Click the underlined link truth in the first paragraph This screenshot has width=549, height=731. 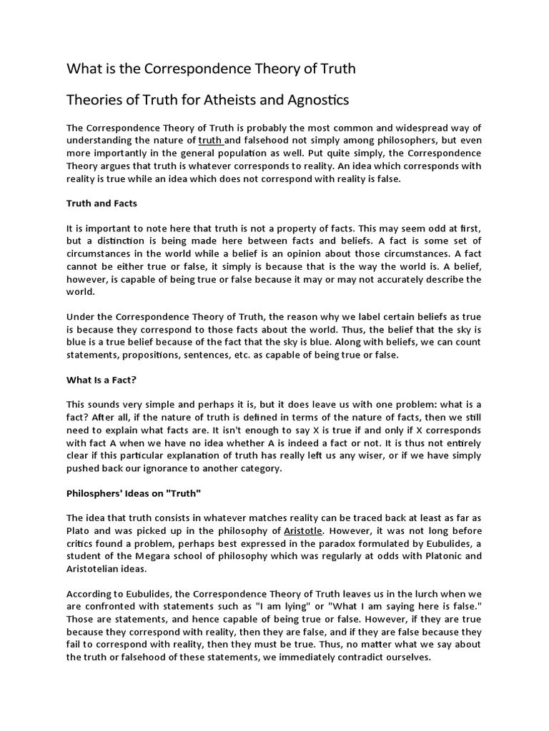[x=210, y=141]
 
